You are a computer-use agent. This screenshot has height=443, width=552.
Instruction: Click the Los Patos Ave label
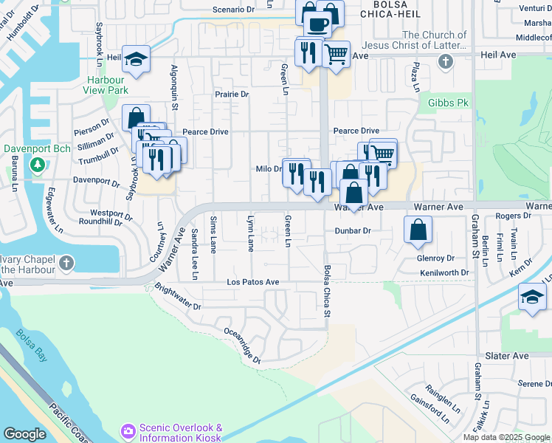click(x=252, y=282)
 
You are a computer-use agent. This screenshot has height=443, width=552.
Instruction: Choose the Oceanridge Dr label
click(x=242, y=346)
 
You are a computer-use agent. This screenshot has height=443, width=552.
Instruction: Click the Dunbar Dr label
click(x=351, y=230)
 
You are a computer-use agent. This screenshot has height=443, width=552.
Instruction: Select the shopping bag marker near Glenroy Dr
click(x=418, y=230)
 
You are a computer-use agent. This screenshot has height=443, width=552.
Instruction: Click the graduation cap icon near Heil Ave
click(x=136, y=60)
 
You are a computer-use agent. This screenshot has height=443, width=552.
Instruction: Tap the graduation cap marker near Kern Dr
click(x=532, y=298)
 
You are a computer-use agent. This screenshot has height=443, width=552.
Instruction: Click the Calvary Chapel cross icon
click(x=66, y=264)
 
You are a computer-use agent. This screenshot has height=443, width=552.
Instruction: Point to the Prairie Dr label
click(x=232, y=95)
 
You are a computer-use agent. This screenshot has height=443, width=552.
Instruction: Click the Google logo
click(x=24, y=434)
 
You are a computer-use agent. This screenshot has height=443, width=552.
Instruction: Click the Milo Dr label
click(x=269, y=169)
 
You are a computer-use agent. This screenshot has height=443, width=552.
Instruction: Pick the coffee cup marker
click(x=318, y=24)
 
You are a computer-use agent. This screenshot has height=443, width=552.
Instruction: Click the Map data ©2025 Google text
click(x=507, y=437)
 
